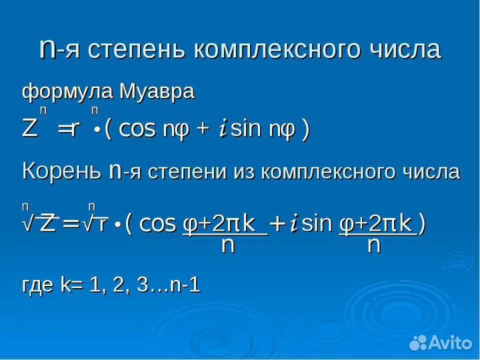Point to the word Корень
[x=61, y=172]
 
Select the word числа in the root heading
[x=429, y=172]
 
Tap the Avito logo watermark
[x=441, y=343]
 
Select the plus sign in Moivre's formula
[x=201, y=129]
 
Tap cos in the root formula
[x=157, y=224]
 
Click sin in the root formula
[x=317, y=224]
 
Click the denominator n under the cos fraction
[x=227, y=245]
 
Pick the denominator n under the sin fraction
[x=374, y=245]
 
